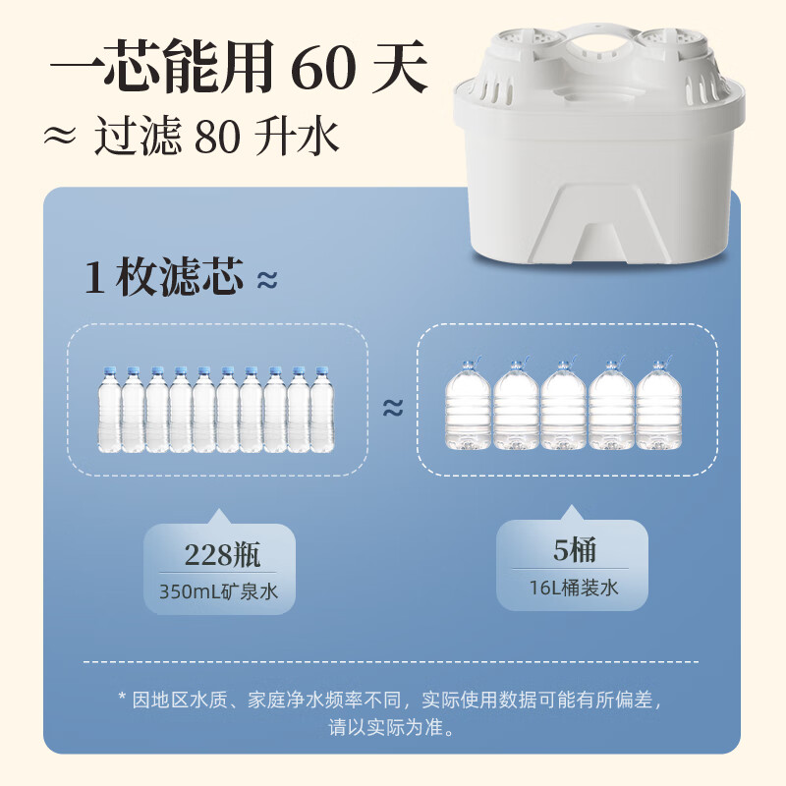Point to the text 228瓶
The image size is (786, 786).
click(x=222, y=554)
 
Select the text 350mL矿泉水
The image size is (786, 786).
click(x=218, y=591)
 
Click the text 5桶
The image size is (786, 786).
click(x=575, y=550)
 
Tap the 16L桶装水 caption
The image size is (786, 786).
click(x=574, y=588)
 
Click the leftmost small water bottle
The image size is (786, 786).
click(x=109, y=409)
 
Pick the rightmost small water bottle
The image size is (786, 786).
click(x=322, y=409)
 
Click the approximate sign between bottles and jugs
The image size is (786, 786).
click(x=393, y=408)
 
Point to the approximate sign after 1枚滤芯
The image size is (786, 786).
click(x=267, y=281)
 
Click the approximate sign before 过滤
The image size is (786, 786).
click(x=60, y=136)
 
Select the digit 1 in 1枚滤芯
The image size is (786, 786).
click(x=94, y=277)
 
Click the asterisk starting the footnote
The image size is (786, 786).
click(x=122, y=696)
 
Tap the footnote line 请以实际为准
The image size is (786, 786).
click(x=392, y=727)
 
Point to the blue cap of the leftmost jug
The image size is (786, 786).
click(x=468, y=363)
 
